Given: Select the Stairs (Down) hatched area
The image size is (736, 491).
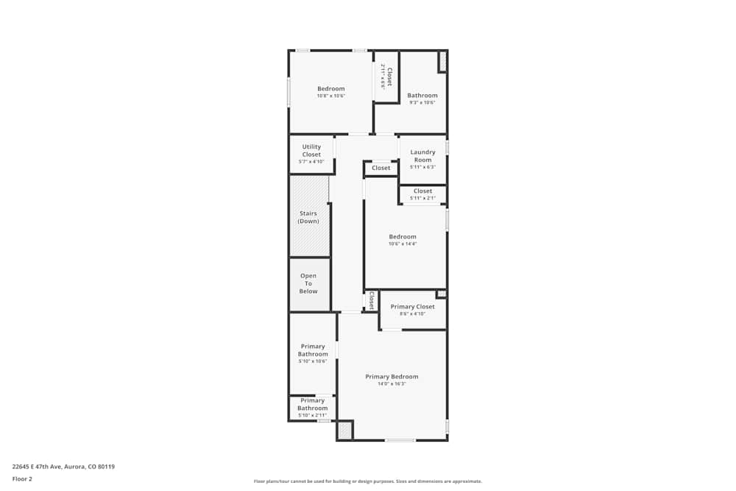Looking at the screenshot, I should coord(308,217).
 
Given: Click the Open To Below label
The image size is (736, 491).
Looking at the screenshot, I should coord(308,283).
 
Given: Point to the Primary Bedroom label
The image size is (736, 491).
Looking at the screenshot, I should coord(392,377).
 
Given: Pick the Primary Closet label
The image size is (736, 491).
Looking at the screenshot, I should coord(412,306).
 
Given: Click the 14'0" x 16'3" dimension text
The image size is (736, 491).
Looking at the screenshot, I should coord(392,384).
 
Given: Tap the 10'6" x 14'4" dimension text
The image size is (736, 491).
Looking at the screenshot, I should coord(403,244).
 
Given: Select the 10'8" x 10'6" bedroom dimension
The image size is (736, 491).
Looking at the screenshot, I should coord(330,96).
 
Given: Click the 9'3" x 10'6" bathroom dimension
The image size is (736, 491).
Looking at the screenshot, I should coord(422,102).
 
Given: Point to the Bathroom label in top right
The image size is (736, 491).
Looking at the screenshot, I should coord(422,95).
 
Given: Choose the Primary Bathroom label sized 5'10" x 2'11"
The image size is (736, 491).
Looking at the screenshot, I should coord(312,404).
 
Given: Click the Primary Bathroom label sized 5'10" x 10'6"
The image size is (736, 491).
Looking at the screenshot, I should coord(313,350).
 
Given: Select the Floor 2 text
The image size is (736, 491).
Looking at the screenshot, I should coord(22,478).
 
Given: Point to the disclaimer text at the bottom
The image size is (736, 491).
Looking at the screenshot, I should coord(368,481).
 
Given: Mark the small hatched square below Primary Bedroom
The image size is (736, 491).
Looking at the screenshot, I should coord(345,431).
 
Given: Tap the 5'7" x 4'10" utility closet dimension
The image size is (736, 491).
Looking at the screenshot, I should coord(311,161).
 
